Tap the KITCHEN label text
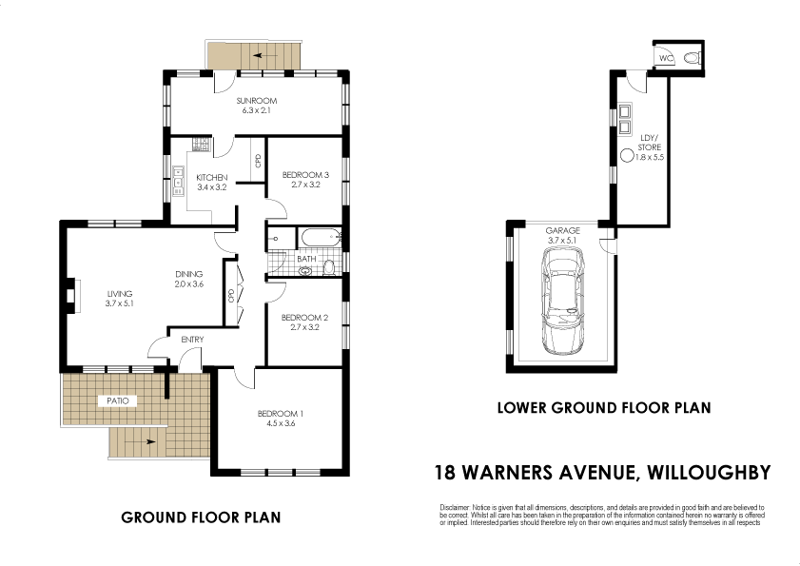[211, 178]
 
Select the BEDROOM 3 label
[306, 174]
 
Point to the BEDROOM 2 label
[306, 318]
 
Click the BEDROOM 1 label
[282, 413]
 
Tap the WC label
[667, 59]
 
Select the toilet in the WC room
[693, 59]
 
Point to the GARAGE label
[562, 230]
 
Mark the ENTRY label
[191, 340]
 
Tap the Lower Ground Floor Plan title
[604, 408]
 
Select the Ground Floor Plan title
[201, 517]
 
